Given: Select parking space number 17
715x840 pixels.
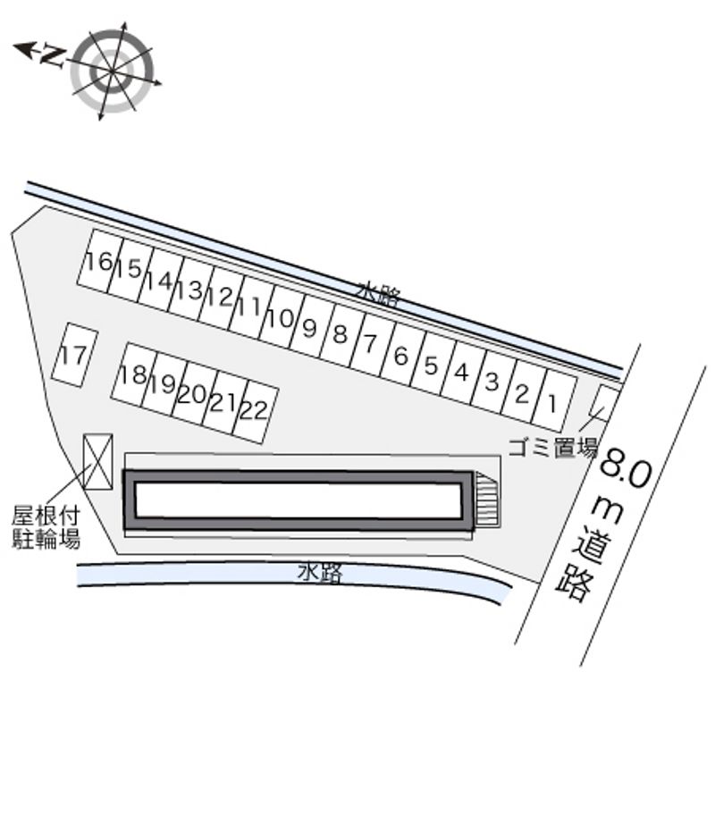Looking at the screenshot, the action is coord(75,354).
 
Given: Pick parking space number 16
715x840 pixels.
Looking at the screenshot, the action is coord(100,261).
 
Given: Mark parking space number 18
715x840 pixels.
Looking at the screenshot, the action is coord(134,374).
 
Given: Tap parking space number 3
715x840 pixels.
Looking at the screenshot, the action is coord(493,382).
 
